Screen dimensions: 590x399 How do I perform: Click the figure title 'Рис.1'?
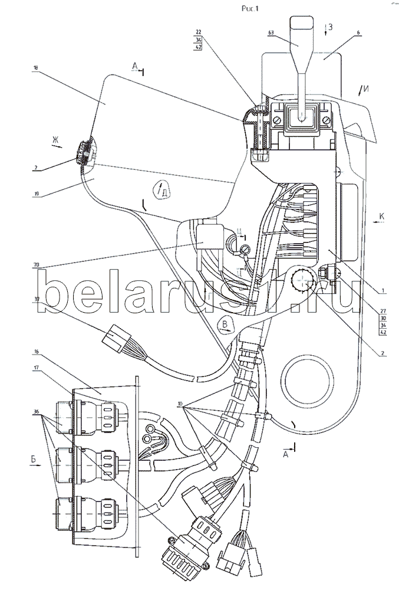pyautogui.click(x=250, y=8)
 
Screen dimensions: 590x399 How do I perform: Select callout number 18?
pyautogui.click(x=36, y=68)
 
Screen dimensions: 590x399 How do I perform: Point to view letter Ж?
pyautogui.click(x=55, y=140)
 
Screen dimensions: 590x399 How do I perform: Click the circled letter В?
pyautogui.click(x=225, y=322)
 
